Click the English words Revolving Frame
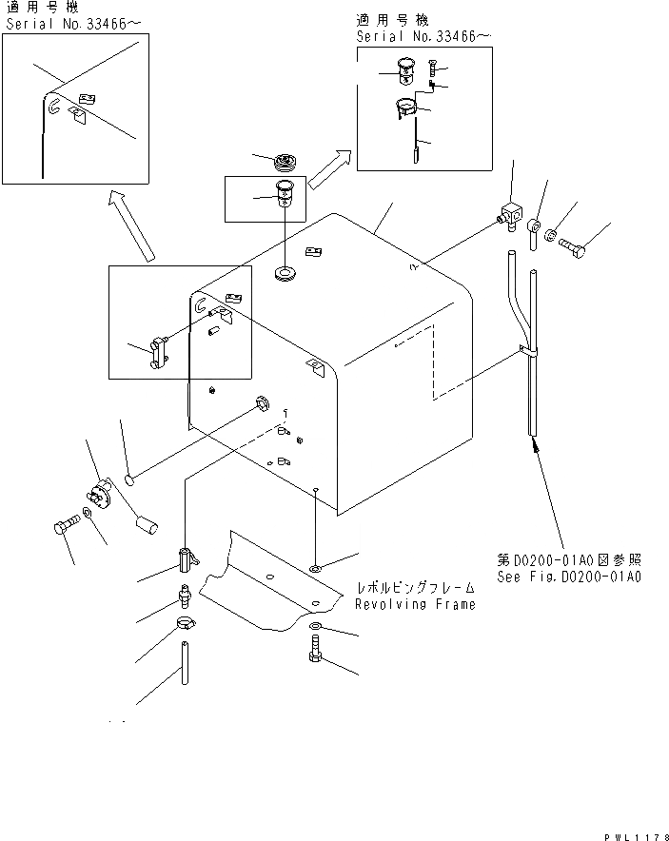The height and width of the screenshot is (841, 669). click(x=415, y=604)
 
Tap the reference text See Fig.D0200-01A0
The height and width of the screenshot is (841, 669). click(x=569, y=577)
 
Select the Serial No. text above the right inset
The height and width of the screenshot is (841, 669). click(x=424, y=36)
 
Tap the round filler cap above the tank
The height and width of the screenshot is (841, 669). click(x=285, y=161)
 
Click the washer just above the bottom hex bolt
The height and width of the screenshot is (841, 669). click(x=315, y=628)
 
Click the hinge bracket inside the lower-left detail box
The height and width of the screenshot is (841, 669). click(x=156, y=351)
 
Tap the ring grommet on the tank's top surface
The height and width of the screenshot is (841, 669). click(x=285, y=275)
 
